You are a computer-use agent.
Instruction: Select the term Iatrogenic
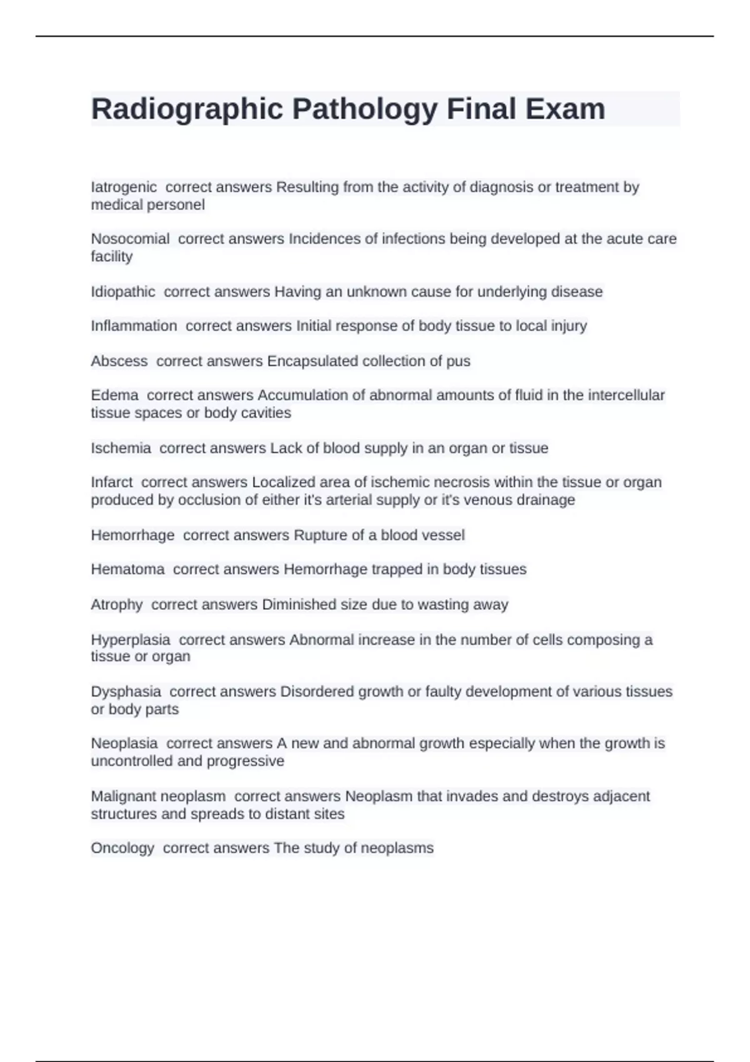tap(124, 187)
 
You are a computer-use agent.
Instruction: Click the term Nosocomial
tap(130, 239)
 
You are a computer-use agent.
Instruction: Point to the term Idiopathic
tap(123, 292)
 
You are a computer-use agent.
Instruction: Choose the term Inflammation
tap(134, 326)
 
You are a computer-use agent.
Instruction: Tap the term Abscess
tap(119, 361)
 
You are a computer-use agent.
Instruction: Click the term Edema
tap(114, 395)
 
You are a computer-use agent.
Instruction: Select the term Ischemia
tap(121, 448)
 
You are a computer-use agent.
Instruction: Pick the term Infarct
tap(112, 482)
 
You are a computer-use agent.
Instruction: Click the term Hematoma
tap(127, 569)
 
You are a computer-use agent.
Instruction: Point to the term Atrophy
tap(117, 604)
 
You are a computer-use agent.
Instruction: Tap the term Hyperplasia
tap(131, 640)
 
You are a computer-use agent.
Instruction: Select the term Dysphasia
tap(126, 692)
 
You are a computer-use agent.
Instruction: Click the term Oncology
tap(122, 848)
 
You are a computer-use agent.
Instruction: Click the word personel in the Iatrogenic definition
tap(179, 205)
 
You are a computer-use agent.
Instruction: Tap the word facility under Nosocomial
tap(112, 257)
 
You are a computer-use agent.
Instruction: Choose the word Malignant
tap(124, 797)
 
